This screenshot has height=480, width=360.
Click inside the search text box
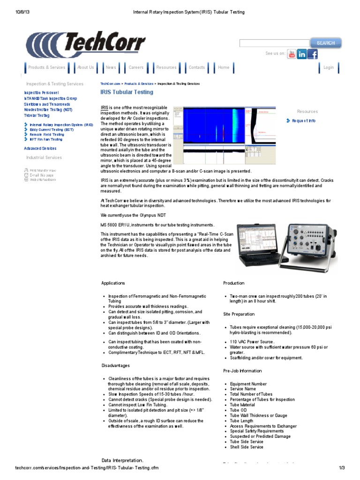pyautogui.click(x=274, y=43)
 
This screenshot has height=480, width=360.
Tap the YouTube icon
pyautogui.click(x=292, y=54)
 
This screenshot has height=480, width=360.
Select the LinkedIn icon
pyautogui.click(x=302, y=54)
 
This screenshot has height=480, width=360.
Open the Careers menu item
pyautogui.click(x=136, y=67)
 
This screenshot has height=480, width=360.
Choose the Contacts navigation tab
pyautogui.click(x=196, y=67)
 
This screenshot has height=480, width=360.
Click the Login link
pyautogui.click(x=329, y=67)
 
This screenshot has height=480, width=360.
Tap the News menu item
pyautogui.click(x=111, y=67)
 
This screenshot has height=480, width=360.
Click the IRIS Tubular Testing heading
pyautogui.click(x=127, y=92)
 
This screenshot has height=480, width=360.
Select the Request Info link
pyautogui.click(x=303, y=121)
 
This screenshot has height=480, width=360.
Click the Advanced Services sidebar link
pyautogui.click(x=40, y=148)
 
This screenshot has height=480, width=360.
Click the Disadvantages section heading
pyautogui.click(x=115, y=366)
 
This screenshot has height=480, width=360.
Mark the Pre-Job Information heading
pyautogui.click(x=242, y=371)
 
